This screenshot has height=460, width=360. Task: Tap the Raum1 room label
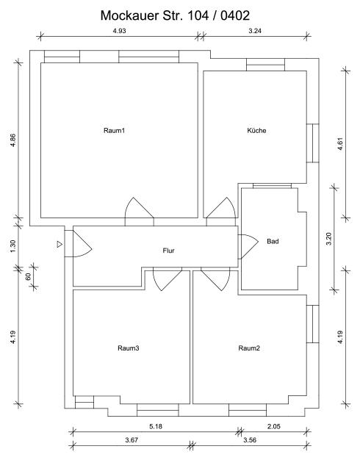114,131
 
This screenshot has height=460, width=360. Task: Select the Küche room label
256,131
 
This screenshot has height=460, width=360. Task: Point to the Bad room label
273,241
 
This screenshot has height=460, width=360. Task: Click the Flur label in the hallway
168,251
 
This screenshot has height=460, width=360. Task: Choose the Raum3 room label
129,348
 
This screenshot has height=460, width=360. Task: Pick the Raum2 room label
249,348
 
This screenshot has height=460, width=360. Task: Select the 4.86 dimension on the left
12,141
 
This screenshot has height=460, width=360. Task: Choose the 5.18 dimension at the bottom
155,425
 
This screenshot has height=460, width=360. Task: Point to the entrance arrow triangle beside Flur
60,244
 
